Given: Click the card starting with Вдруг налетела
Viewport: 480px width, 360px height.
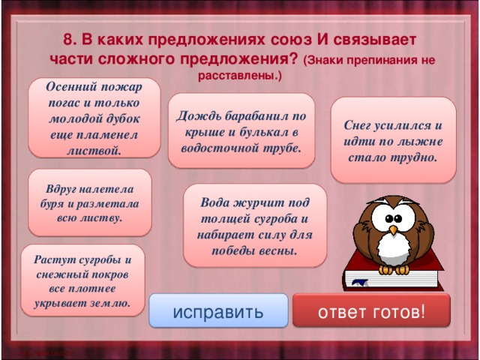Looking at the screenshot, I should [89, 203].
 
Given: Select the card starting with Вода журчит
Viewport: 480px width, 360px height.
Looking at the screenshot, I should [254, 226].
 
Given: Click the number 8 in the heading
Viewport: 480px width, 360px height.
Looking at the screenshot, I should [67, 39].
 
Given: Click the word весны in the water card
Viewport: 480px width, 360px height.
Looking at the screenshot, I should [275, 249].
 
